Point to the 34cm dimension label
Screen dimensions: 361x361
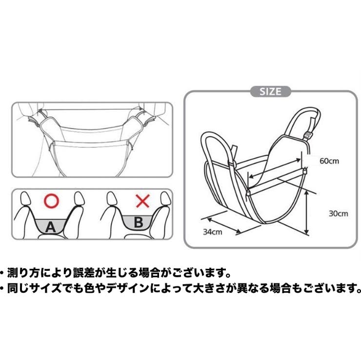[x=212, y=232]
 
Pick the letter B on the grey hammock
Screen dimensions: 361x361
[x=139, y=223]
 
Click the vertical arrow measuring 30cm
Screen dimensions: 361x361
[x=306, y=213]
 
